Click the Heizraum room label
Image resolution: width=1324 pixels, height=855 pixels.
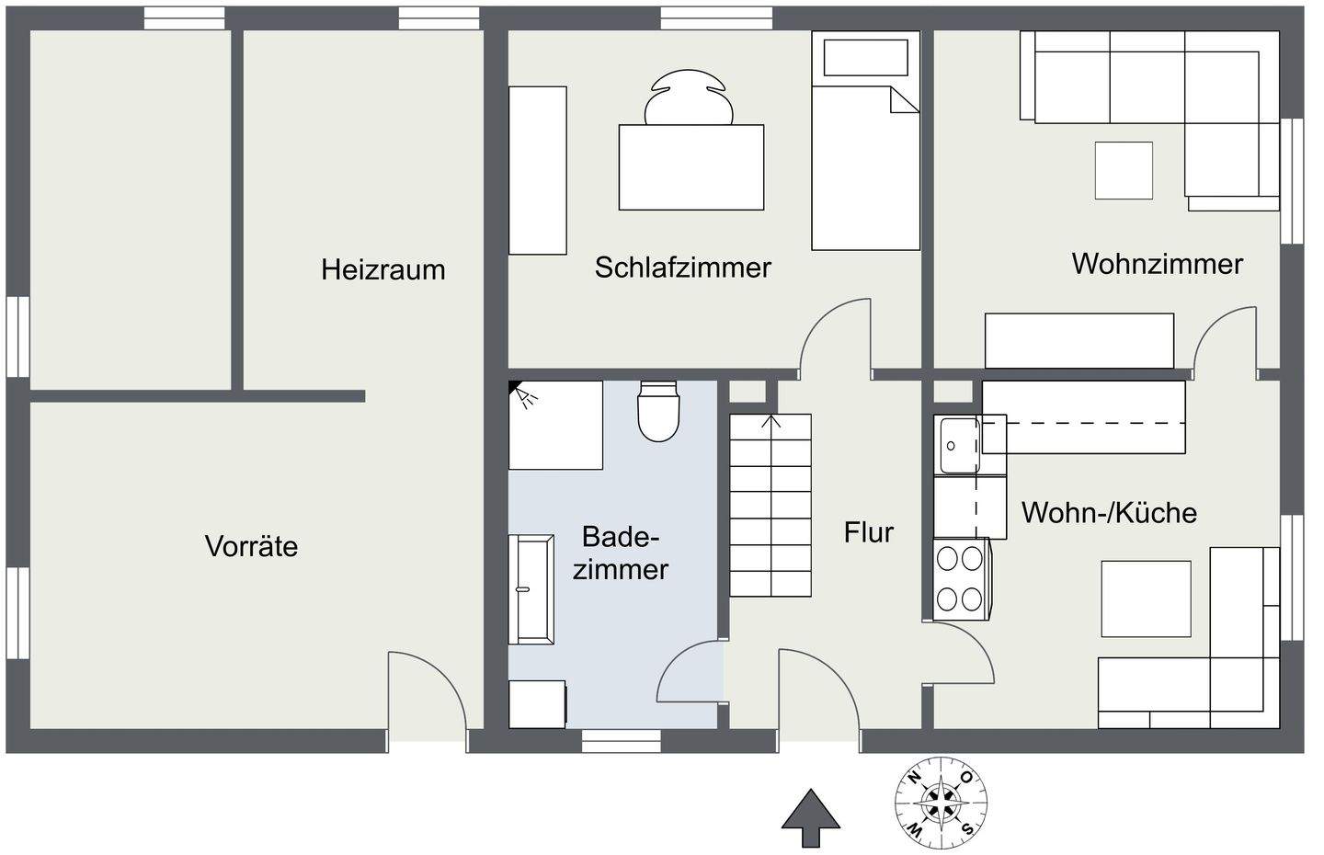click(x=382, y=269)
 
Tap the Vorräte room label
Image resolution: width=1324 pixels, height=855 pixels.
click(x=251, y=546)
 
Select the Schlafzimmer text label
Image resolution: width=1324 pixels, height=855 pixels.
click(x=682, y=268)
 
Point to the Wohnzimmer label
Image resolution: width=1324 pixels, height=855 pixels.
click(x=1157, y=264)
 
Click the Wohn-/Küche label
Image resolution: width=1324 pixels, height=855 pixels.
click(x=1109, y=512)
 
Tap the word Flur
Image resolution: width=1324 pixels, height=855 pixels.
click(x=868, y=532)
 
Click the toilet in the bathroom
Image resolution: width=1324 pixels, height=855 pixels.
click(x=658, y=411)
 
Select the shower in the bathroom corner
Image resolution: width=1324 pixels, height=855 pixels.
click(x=555, y=425)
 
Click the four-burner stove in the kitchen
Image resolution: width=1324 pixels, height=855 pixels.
click(x=960, y=578)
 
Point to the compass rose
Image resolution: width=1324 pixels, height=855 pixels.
click(x=943, y=803)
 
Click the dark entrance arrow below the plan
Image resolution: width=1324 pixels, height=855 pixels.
click(x=810, y=816)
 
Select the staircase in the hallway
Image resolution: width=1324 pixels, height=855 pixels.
click(x=770, y=505)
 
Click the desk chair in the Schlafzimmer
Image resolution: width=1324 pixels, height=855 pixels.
click(x=690, y=97)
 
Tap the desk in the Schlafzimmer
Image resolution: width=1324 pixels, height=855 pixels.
click(x=691, y=166)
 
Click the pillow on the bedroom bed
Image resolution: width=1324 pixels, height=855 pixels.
click(x=866, y=57)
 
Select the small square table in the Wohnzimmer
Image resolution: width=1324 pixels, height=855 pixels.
click(x=1123, y=170)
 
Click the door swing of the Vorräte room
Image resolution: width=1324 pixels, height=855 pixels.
click(x=428, y=690)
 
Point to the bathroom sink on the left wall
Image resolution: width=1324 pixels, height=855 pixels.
click(x=531, y=588)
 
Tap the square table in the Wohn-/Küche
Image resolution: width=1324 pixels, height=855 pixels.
click(x=1146, y=598)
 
